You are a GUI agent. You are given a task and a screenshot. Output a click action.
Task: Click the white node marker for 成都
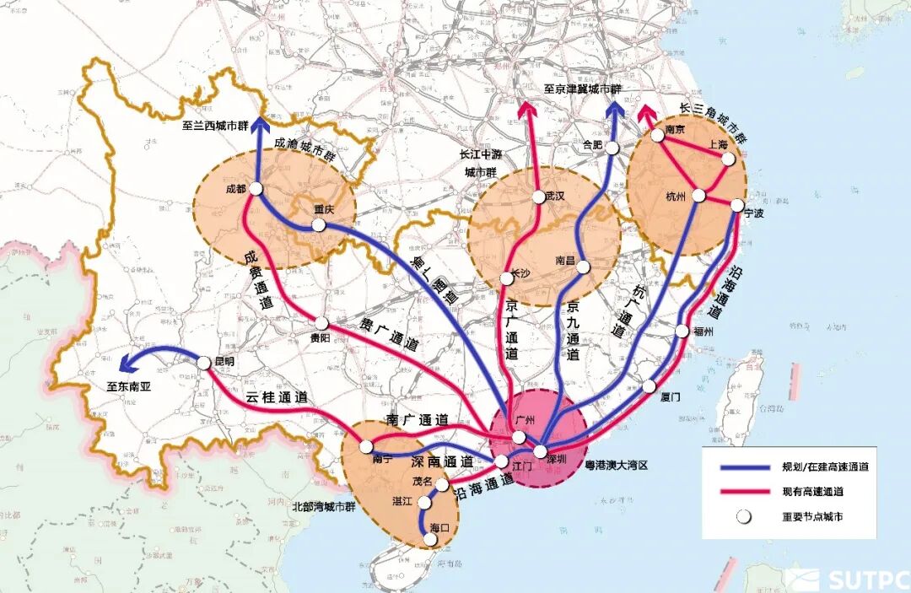click(x=256, y=189)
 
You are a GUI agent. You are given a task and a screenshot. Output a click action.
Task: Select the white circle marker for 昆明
click(x=207, y=362)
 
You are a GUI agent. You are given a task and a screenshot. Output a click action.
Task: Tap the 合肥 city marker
click(x=613, y=147)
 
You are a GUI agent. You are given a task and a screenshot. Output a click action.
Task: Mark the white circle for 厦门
click(x=649, y=386)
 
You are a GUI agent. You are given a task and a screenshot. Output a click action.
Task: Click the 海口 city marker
click(x=431, y=537)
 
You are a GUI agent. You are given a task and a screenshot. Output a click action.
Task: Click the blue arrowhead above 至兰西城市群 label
click(x=256, y=122)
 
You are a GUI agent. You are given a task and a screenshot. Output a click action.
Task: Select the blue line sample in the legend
click(x=741, y=467)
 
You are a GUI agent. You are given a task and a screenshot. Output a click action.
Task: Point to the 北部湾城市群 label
click(x=326, y=506)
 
